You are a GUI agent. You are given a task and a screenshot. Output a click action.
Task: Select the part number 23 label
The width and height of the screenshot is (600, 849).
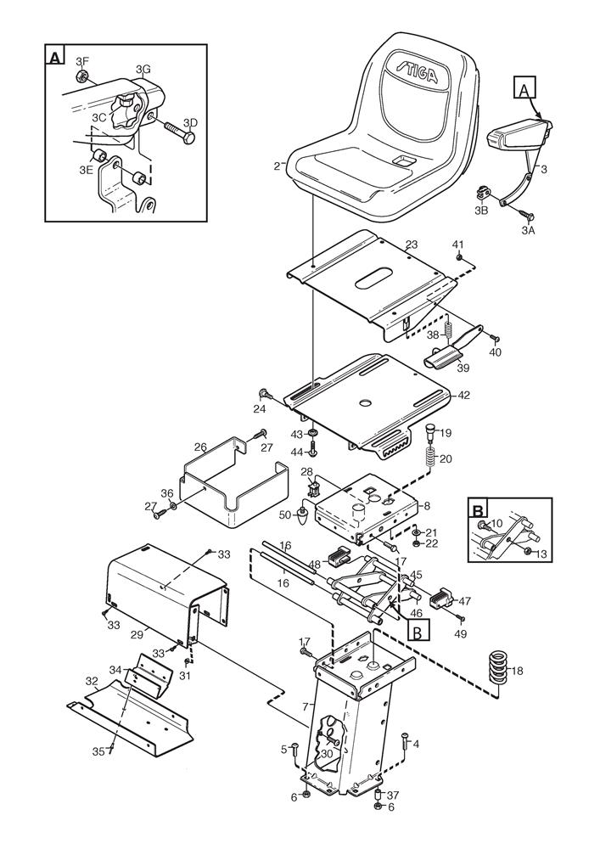412,245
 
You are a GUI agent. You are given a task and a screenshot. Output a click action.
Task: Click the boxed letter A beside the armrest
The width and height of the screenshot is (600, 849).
524,88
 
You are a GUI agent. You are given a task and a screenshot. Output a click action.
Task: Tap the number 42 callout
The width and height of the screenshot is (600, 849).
463,396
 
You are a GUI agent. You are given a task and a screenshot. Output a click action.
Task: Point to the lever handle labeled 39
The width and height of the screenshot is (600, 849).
442,360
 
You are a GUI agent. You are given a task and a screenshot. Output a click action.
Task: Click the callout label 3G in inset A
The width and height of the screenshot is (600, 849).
143,68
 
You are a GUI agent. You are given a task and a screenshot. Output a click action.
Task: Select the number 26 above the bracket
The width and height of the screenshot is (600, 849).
200,447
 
